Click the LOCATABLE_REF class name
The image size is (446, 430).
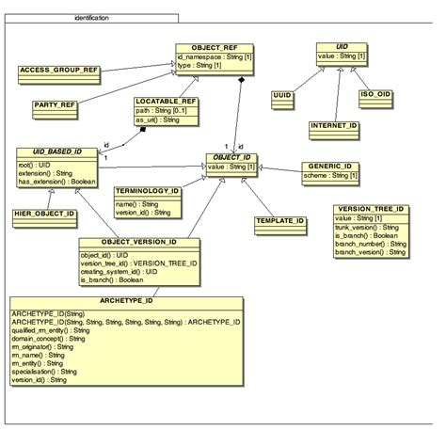point(166,100)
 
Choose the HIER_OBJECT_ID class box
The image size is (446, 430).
point(44,215)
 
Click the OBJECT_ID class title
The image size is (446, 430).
point(231,157)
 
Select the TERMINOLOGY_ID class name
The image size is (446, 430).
point(146,190)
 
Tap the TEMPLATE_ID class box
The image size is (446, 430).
point(279,221)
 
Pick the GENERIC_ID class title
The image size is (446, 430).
point(328,166)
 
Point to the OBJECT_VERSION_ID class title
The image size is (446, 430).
point(139,242)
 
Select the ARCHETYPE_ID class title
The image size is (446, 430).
point(125,301)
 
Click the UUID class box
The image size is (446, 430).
point(282,95)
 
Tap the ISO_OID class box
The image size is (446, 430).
point(375,94)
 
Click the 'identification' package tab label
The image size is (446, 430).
point(91,18)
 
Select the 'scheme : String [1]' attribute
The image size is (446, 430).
point(328,175)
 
